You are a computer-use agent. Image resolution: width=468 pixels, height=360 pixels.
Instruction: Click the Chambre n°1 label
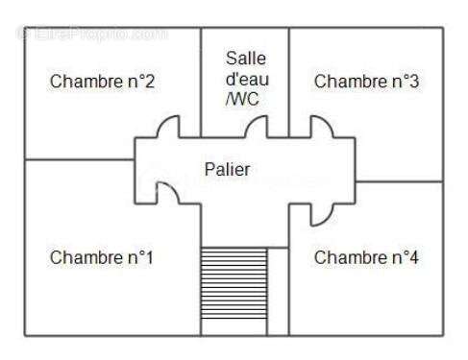point(102,257)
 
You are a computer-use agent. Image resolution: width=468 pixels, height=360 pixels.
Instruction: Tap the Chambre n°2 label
point(103,82)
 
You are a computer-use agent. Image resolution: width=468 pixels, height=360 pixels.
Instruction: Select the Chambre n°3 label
point(366,82)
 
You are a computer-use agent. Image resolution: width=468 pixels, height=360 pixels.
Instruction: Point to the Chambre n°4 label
point(366,257)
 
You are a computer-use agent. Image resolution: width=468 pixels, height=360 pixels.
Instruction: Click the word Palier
point(227,169)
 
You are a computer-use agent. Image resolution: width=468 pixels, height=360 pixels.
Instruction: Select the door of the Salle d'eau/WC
point(257,127)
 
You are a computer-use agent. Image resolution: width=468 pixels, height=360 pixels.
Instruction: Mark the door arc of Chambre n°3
point(318,127)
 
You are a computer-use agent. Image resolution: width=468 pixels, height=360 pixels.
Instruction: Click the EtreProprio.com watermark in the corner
point(91,34)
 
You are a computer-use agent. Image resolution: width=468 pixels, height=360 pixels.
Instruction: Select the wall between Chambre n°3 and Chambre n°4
point(399,180)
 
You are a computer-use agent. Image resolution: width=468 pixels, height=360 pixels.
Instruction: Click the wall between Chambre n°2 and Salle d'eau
point(201,82)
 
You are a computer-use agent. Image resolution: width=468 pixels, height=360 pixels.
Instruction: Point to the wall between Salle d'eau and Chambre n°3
point(289,82)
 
